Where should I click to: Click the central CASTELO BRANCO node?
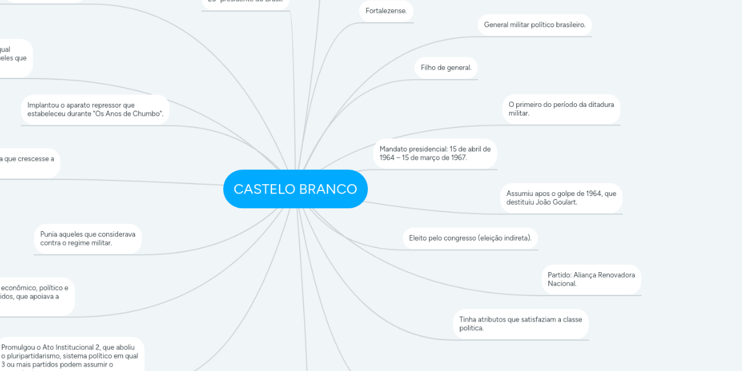[295, 189]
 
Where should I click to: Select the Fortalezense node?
[386, 11]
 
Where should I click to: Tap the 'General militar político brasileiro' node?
[534, 25]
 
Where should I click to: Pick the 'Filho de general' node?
[446, 67]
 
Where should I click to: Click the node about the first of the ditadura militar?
[561, 109]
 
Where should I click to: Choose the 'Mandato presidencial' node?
[435, 153]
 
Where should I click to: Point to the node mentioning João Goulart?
[561, 198]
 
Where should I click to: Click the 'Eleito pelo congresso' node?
[470, 237]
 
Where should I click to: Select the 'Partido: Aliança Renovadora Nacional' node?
[591, 279]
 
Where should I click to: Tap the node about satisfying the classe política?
[521, 323]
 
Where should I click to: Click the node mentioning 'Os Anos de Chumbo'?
[95, 109]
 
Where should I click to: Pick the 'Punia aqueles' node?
[88, 239]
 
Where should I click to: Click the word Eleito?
[419, 237]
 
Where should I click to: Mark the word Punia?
[50, 234]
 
